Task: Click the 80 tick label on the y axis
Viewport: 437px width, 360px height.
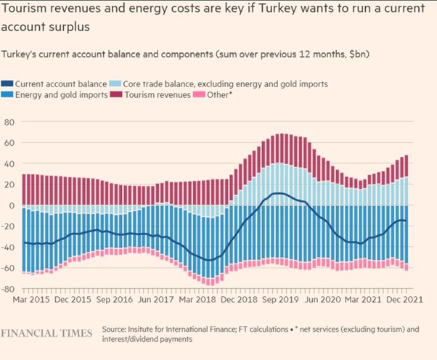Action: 11,123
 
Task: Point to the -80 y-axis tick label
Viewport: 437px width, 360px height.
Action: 9,290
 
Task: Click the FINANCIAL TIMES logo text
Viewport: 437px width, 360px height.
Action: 47,334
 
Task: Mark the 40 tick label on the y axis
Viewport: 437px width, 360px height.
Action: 11,164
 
